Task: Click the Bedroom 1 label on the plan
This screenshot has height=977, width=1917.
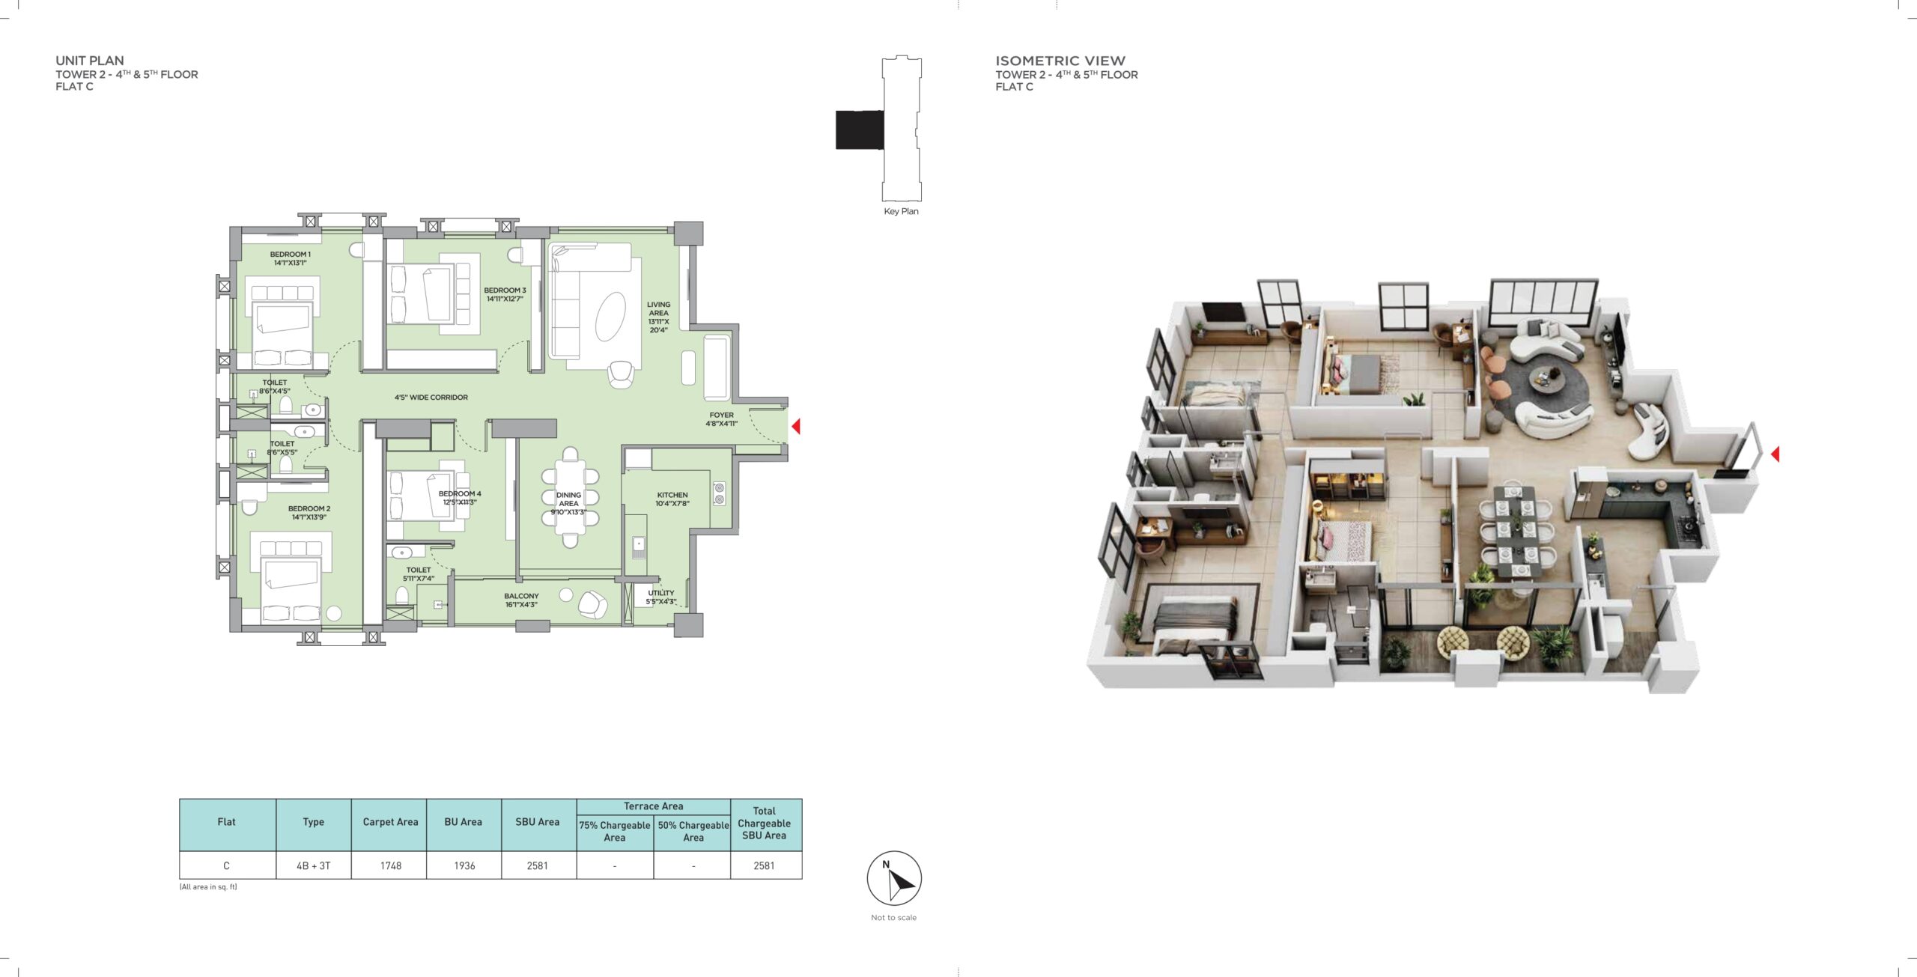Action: coord(290,258)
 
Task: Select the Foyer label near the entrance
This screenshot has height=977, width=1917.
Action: coord(721,419)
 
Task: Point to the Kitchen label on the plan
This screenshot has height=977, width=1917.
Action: coord(672,499)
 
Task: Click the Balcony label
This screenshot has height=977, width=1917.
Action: coord(521,600)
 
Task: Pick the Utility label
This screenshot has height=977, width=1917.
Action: coord(660,597)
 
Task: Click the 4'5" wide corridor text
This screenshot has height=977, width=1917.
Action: coord(431,398)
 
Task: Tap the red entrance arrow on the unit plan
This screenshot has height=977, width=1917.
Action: coord(796,426)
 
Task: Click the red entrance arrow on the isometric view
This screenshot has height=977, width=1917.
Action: coord(1774,454)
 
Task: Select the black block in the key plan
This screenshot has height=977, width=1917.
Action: coord(860,130)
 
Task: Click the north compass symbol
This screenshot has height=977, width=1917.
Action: coord(894,878)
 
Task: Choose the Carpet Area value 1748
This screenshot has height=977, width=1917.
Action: coord(391,865)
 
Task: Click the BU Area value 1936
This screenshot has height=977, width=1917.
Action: coord(464,865)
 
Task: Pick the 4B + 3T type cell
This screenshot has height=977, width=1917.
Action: coord(313,865)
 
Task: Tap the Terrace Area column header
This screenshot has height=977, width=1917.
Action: coord(653,806)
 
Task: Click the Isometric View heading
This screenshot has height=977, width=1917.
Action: coord(1060,61)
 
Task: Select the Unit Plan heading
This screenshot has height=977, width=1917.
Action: coord(90,61)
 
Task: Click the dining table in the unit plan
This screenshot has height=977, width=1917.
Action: coord(571,496)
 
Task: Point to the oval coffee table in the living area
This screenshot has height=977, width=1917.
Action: coord(611,316)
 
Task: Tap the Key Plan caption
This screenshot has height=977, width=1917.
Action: coord(901,211)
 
